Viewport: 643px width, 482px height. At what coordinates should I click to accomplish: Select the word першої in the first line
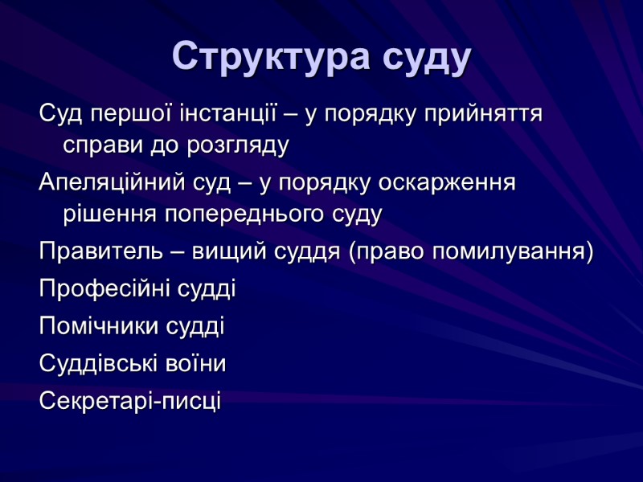click(x=120, y=114)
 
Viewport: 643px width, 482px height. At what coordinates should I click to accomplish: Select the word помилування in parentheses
click(x=506, y=251)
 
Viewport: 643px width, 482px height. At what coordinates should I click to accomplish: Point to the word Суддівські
click(x=101, y=363)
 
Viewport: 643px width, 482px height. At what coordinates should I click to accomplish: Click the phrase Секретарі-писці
click(x=129, y=399)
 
